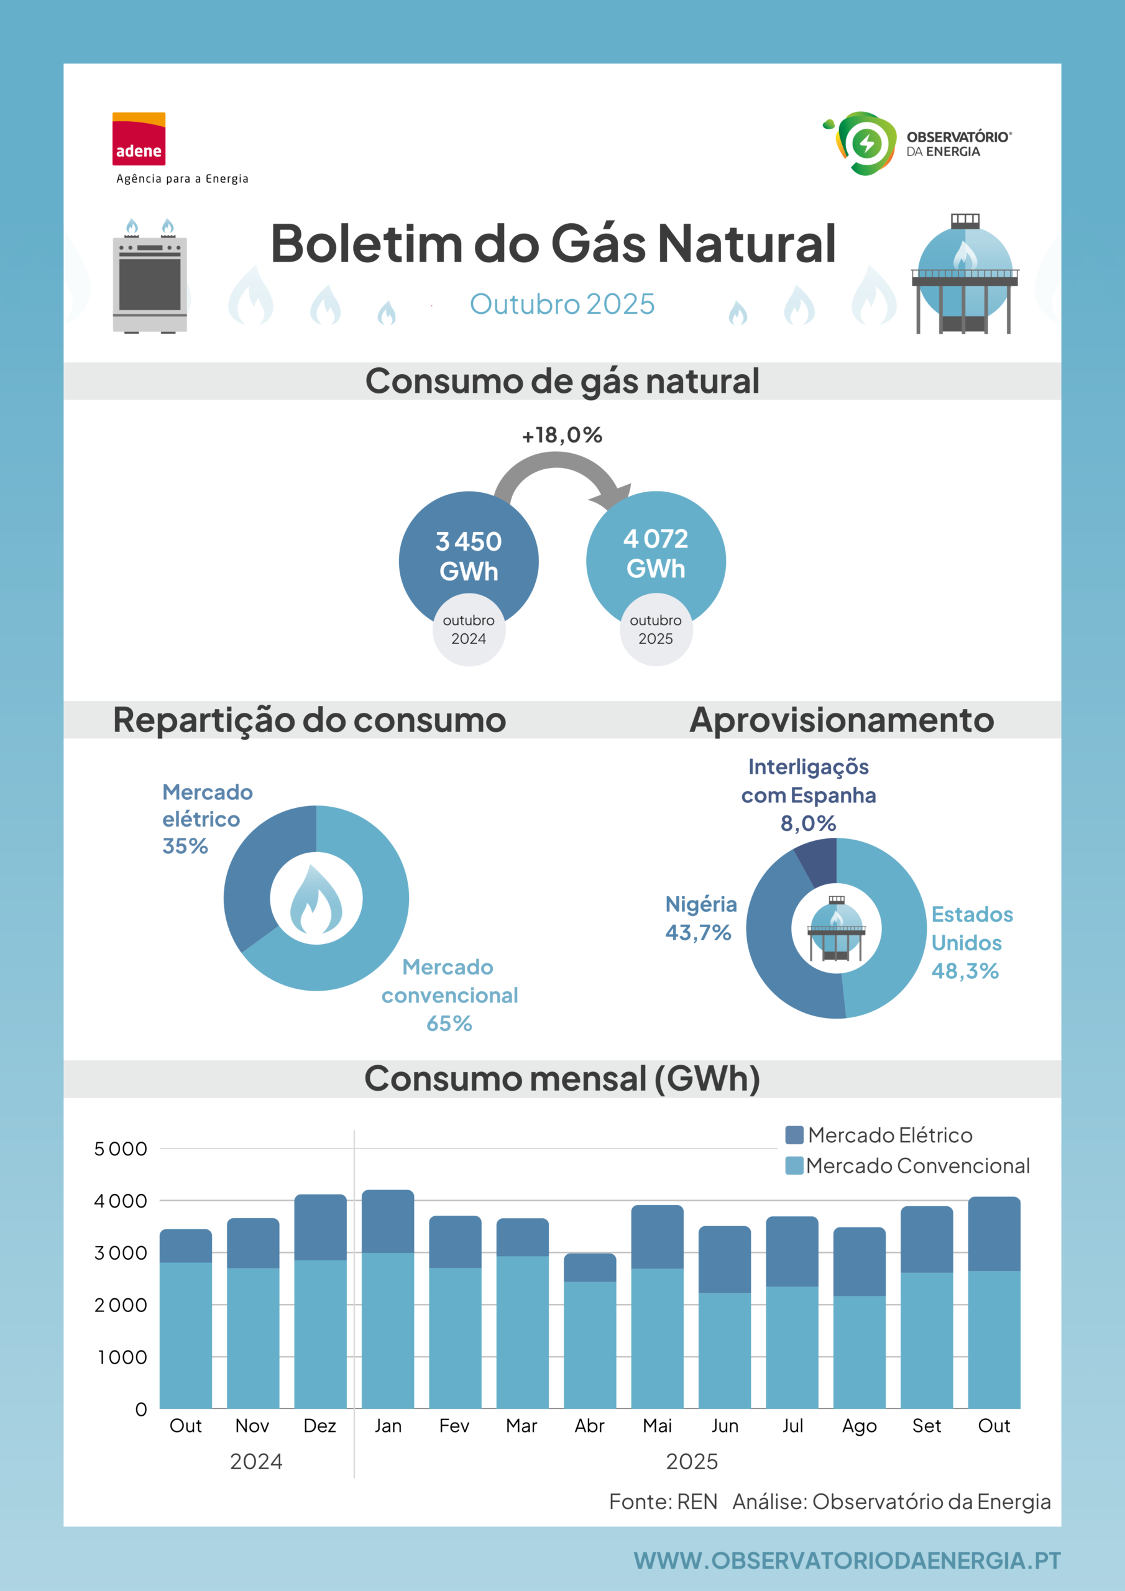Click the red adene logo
click(139, 139)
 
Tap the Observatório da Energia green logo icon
click(860, 143)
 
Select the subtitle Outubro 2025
click(562, 304)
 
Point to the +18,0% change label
click(562, 435)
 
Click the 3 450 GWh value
click(469, 556)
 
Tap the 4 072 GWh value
click(656, 554)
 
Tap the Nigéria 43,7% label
click(700, 918)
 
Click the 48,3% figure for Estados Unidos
click(965, 971)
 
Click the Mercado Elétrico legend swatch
click(794, 1135)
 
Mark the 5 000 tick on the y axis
click(121, 1149)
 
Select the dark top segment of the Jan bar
click(388, 1221)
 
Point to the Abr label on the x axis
click(590, 1426)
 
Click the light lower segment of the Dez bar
click(320, 1334)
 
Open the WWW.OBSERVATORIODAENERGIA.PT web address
click(847, 1561)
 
